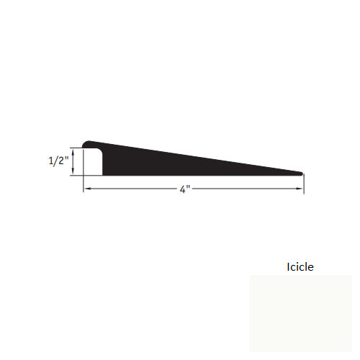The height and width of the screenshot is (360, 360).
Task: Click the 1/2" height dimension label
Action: pyautogui.click(x=58, y=162)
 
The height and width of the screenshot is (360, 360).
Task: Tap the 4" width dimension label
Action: pyautogui.click(x=185, y=190)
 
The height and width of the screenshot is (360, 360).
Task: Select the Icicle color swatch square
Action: pyautogui.click(x=300, y=313)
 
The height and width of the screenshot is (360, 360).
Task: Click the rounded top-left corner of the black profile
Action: pyautogui.click(x=88, y=143)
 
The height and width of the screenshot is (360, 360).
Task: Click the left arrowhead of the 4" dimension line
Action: pyautogui.click(x=87, y=189)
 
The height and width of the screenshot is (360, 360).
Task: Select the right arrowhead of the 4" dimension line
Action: pyautogui.click(x=300, y=189)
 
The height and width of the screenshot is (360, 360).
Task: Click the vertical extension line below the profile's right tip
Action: pyautogui.click(x=303, y=184)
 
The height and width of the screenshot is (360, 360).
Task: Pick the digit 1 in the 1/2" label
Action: pyautogui.click(x=50, y=162)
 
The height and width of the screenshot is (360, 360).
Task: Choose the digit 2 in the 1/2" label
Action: pyautogui.click(x=62, y=162)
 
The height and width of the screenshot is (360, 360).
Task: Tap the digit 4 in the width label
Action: pyautogui.click(x=184, y=190)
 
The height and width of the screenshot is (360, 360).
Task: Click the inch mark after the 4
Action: pyautogui.click(x=189, y=188)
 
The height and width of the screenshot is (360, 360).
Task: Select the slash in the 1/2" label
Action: pyautogui.click(x=56, y=162)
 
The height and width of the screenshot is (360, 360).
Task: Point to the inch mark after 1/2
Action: pyautogui.click(x=67, y=159)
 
